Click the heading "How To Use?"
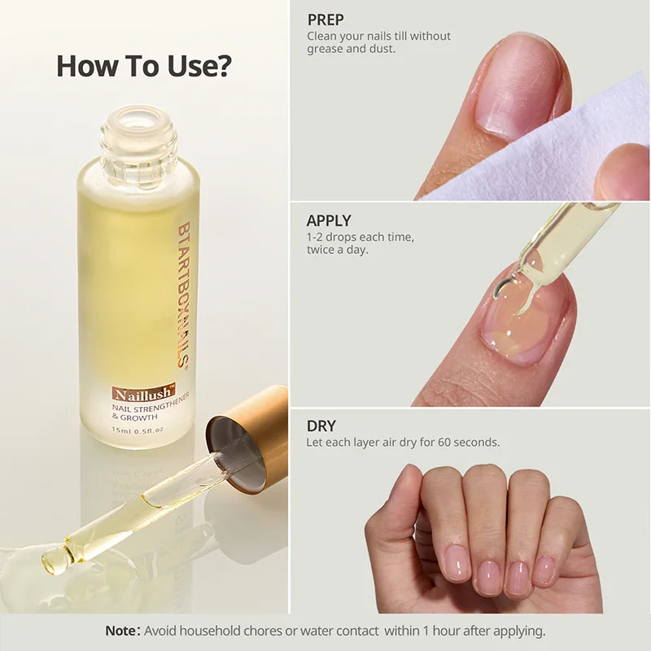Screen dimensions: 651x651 [143, 67]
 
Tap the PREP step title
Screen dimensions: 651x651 [325, 20]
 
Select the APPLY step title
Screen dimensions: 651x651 [329, 221]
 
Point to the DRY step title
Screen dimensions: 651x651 [321, 426]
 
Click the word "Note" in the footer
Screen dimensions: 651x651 [122, 631]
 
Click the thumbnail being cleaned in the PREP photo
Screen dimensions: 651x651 [513, 85]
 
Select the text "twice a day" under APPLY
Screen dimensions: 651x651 [337, 250]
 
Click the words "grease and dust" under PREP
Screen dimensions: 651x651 [351, 49]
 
